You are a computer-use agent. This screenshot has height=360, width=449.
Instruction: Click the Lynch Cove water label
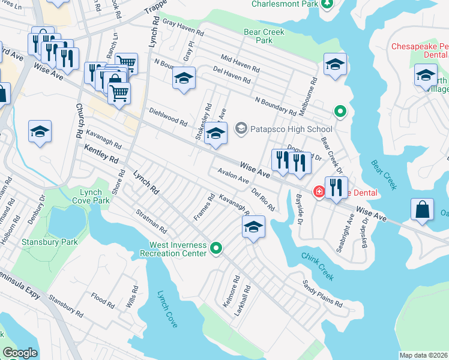coord(167,309)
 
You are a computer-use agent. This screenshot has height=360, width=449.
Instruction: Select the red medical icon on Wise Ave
coord(319,192)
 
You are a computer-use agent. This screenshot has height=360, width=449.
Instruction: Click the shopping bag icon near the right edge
coord(423,209)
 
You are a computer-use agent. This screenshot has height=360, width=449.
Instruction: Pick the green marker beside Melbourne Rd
coord(340,111)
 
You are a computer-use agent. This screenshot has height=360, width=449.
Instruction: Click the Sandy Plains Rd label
coord(322,293)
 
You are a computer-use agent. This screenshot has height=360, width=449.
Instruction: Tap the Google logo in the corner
coord(20,353)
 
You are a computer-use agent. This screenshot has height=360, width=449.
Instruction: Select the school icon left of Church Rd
coord(40,131)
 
